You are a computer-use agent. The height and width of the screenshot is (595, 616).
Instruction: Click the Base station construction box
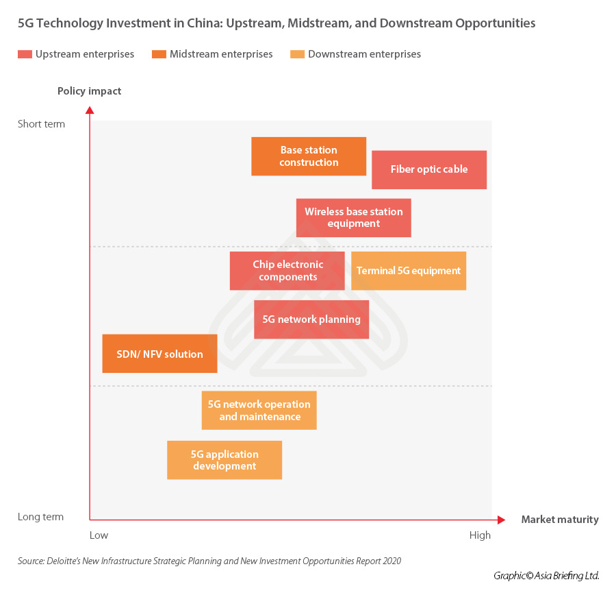coord(309,156)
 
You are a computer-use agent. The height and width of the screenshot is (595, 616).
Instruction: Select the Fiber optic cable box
coord(429,169)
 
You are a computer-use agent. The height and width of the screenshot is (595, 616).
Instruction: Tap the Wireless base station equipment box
coord(354,218)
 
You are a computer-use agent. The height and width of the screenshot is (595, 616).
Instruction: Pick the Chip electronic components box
coord(287,271)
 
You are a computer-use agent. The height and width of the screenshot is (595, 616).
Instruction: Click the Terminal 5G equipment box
coord(409,271)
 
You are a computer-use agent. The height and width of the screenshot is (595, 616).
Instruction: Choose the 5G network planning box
coord(311,319)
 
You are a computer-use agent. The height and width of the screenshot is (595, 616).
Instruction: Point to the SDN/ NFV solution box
coord(159,354)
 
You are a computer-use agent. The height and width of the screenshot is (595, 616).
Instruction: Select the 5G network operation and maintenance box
coord(259,410)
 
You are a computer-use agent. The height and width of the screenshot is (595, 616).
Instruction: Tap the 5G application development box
coord(224,460)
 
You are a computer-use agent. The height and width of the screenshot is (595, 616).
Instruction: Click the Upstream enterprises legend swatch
coord(25,54)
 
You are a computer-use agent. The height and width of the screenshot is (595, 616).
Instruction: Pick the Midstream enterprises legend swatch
coord(159,54)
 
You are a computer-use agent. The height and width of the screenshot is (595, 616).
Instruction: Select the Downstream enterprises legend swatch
coord(298,54)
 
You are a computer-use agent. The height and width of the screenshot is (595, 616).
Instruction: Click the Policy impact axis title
coord(89,91)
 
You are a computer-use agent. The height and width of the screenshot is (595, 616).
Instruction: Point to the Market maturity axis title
coord(559,520)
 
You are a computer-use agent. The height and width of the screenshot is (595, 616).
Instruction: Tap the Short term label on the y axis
coord(42,124)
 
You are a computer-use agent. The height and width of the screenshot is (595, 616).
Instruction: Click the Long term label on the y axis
coord(41,517)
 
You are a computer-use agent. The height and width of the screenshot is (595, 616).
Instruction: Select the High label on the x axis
coord(480,535)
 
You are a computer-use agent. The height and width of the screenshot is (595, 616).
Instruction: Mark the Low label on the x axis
coord(99,535)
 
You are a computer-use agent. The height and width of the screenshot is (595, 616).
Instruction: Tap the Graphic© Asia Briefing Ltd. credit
coord(546,576)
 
